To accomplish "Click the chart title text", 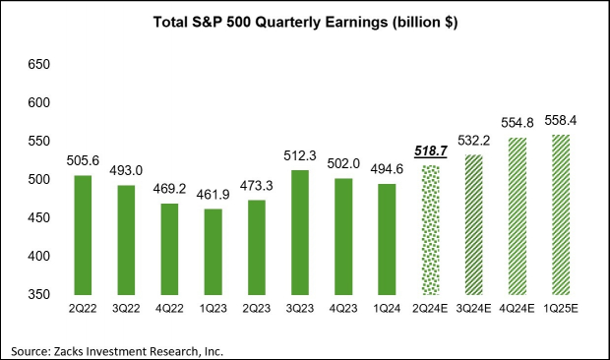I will coord(304,21).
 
